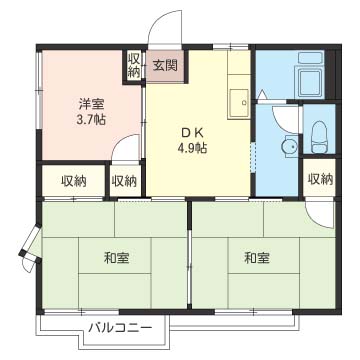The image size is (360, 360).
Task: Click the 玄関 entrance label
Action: [165, 66]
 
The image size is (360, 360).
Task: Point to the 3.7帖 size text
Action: [91, 119]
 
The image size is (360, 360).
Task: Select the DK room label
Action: [192, 133]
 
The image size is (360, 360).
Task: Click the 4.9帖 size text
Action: [192, 147]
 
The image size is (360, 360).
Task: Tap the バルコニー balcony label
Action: [120, 328]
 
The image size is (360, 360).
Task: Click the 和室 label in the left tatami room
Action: [117, 258]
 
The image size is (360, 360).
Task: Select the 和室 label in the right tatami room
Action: [257, 258]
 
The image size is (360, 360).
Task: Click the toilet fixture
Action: [319, 137]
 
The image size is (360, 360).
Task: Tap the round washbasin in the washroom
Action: [289, 146]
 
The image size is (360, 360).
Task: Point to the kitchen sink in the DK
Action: [239, 102]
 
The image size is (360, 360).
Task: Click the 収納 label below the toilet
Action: [320, 179]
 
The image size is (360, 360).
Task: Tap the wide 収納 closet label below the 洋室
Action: [74, 181]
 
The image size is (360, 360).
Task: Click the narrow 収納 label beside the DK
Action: [124, 181]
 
